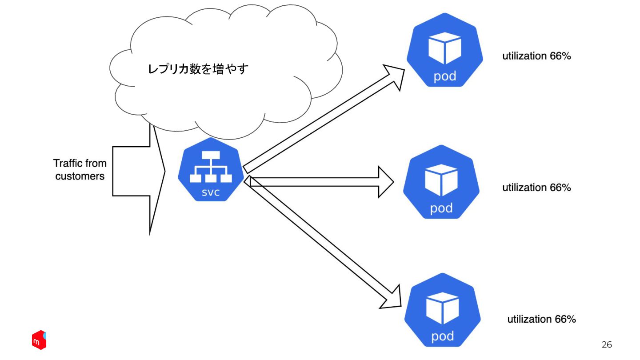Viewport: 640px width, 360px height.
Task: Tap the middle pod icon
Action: pos(441,182)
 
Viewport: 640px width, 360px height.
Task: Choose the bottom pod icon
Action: pos(443,310)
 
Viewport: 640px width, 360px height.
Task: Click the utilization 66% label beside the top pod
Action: pos(536,56)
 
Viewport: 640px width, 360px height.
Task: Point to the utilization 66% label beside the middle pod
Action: pos(536,188)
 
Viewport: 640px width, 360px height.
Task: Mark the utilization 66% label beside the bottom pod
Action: pos(541,319)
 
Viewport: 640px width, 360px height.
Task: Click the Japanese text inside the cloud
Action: pos(198,69)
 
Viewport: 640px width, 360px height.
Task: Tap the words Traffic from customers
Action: pos(80,169)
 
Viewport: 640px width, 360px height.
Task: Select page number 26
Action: pos(607,344)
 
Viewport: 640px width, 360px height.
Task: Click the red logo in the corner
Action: pos(39,340)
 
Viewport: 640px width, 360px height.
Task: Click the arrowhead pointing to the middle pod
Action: pos(385,182)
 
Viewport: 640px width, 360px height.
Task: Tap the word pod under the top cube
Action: pos(445,76)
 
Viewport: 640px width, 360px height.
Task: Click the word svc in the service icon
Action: pos(211,192)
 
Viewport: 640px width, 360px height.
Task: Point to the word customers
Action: pos(80,176)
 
